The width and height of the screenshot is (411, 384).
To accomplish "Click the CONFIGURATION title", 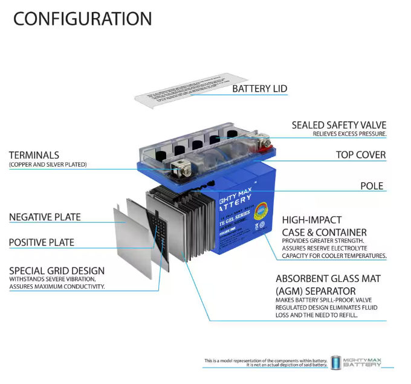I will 82,19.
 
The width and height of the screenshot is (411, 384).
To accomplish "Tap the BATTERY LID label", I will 259,89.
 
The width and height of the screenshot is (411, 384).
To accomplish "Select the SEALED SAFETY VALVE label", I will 338,125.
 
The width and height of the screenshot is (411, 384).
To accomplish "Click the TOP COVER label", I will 360,155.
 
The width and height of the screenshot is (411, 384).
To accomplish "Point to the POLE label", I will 372,186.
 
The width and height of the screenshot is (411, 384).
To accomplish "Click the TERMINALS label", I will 34,155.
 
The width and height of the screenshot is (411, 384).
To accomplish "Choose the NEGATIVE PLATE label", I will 44,217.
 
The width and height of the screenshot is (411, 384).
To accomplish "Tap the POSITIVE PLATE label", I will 41,243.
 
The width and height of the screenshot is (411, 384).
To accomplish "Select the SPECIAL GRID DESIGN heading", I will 56,271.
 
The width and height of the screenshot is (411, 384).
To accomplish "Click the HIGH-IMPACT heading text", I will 312,220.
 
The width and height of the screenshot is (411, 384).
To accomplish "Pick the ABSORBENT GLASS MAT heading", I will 329,279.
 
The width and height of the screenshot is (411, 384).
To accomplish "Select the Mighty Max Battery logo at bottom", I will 362,362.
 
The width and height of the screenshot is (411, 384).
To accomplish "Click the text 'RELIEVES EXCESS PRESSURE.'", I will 349,134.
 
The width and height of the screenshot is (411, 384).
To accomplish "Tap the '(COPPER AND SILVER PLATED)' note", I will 48,165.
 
